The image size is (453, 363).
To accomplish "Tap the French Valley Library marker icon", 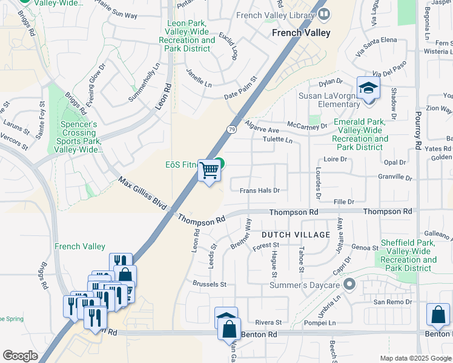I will (324, 13).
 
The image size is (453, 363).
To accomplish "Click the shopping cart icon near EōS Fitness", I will (210, 171).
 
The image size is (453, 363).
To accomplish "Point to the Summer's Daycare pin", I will (349, 283).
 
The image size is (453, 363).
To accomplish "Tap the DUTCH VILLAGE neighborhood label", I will (296, 234).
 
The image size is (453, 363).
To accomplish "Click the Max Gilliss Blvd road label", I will (142, 194).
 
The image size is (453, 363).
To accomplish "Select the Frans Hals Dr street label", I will (259, 190).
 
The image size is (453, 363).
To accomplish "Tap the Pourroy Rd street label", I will (417, 130).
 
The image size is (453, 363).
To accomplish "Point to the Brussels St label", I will (209, 284).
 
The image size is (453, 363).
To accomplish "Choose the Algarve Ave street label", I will (262, 130).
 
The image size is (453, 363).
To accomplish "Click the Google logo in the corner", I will (20, 356).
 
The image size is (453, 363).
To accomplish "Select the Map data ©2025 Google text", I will (415, 358).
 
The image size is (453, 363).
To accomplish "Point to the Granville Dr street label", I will (394, 177).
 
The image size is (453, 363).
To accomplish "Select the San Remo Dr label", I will (392, 301).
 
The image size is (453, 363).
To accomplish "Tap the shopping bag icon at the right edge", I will (437, 315).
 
